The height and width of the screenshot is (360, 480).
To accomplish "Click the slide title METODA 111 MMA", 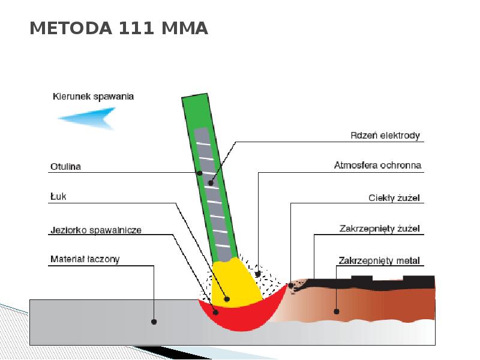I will [119, 28].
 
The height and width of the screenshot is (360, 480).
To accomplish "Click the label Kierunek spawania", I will [93, 96].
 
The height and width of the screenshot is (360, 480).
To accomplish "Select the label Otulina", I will [65, 167].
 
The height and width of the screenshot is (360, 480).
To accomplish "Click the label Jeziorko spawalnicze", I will [95, 230].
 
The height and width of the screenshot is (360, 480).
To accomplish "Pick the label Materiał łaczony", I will [85, 260].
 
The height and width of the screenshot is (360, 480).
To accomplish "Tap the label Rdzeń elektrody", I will [385, 135].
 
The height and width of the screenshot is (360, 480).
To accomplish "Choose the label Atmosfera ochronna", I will [377, 165].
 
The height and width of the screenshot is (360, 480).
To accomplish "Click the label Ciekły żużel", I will [394, 197].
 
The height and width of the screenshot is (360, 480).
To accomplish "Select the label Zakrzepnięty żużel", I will [379, 229].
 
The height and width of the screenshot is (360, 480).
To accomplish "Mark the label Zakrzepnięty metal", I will [379, 260].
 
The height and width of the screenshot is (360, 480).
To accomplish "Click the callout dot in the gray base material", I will [154, 322].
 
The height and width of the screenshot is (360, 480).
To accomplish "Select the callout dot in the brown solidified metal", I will [337, 311].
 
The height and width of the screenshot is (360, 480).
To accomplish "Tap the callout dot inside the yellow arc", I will [227, 298].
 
